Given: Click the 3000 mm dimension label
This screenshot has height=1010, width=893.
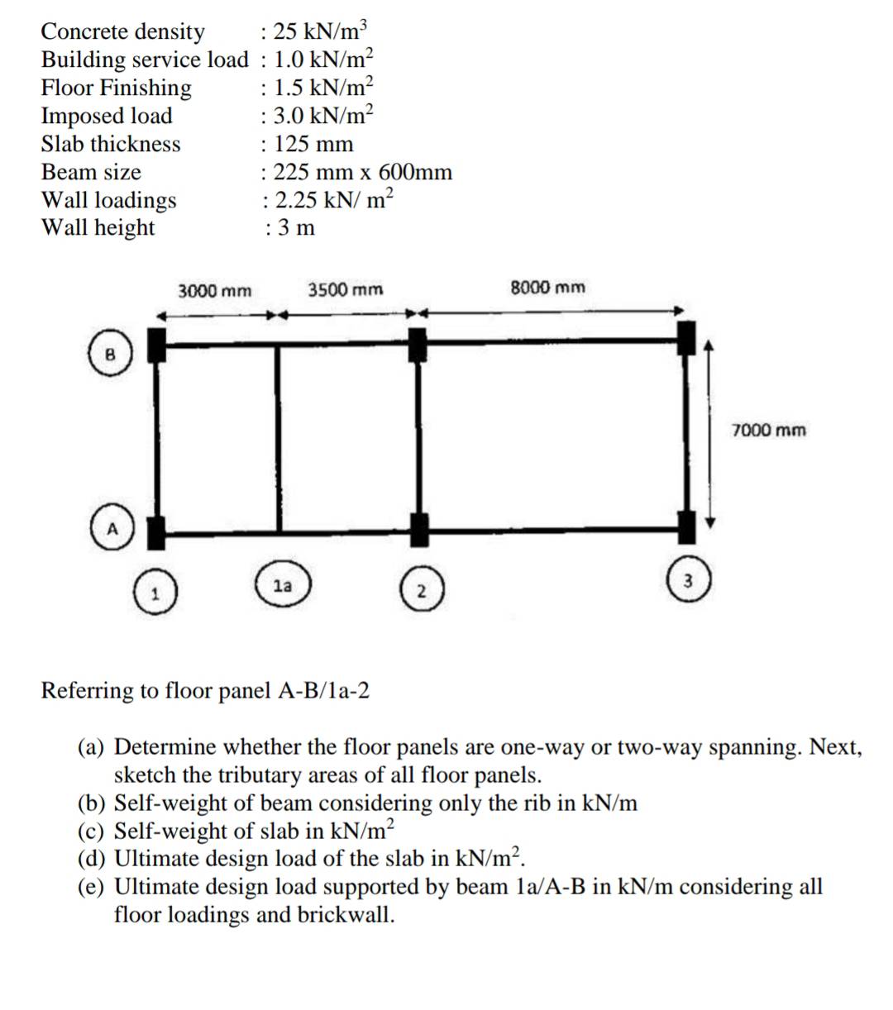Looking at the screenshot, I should pyautogui.click(x=215, y=291).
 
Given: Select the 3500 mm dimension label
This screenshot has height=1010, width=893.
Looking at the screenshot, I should pyautogui.click(x=346, y=290).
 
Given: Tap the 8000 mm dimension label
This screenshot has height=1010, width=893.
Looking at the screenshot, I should pyautogui.click(x=547, y=288).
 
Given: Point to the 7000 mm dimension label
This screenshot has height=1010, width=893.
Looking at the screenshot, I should pyautogui.click(x=768, y=430).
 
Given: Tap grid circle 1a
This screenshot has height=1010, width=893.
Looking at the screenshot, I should pyautogui.click(x=283, y=585).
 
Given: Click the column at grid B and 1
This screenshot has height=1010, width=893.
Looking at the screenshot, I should pyautogui.click(x=157, y=345).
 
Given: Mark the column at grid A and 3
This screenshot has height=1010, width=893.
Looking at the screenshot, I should pyautogui.click(x=686, y=526).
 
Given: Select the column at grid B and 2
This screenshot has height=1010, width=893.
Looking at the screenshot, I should pyautogui.click(x=418, y=345).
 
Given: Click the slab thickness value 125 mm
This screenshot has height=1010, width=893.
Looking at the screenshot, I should pyautogui.click(x=313, y=144).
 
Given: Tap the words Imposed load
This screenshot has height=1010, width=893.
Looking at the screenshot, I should pyautogui.click(x=107, y=116).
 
